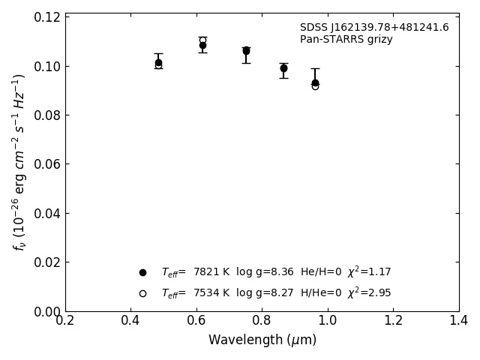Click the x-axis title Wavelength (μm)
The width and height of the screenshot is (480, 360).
(262, 340)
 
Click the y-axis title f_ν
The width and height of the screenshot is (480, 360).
(19, 162)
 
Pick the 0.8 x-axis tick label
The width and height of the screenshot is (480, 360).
(262, 321)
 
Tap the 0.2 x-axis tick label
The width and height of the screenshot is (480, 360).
(65, 321)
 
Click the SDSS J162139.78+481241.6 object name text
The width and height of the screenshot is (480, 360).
(374, 28)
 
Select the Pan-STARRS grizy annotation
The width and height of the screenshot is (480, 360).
(346, 40)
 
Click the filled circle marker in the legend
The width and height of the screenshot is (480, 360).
(142, 272)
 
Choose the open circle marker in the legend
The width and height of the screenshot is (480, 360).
(142, 293)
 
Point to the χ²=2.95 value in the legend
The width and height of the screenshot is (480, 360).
(368, 292)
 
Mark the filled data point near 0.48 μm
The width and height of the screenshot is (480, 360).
(158, 62)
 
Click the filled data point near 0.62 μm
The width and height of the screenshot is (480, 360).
(202, 45)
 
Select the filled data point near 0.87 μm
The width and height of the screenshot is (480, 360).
(283, 68)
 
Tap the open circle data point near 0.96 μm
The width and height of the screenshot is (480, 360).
(315, 86)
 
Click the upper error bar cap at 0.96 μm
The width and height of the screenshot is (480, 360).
(315, 68)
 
